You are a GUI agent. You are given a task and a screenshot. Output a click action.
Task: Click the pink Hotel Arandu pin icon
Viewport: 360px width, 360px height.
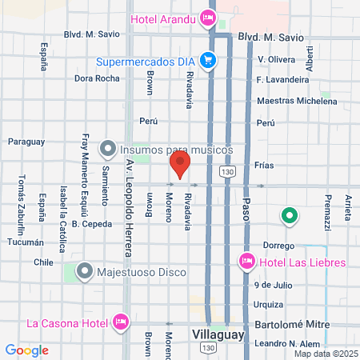208,16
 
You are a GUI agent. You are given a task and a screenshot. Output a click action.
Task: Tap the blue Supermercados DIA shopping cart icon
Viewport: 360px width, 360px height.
208,60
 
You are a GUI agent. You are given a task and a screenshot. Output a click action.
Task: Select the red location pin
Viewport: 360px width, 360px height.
180,166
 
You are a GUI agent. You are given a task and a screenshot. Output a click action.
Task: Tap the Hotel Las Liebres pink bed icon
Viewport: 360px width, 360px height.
246,262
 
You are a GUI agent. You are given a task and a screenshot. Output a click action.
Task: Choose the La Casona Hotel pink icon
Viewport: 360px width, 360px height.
122,322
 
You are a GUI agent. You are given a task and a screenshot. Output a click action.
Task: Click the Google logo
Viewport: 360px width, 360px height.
26,350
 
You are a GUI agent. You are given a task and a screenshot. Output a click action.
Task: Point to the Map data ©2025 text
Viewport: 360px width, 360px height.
326,354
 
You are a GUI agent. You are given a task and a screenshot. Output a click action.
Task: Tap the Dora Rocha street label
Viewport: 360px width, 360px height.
96,78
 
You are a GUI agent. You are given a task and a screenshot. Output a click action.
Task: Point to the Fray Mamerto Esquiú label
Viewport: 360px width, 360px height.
86,169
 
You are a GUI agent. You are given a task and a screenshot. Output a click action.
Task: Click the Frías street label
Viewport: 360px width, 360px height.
264,166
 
